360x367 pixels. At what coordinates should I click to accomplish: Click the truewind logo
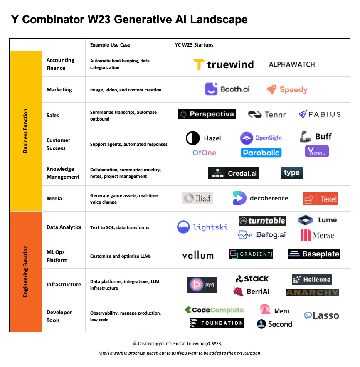224,64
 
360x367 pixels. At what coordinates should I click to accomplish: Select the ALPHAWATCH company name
292,64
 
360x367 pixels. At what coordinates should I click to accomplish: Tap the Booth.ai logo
227,89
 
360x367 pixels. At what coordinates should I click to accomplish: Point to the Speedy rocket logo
287,89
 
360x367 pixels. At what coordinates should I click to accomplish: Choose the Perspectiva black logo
207,114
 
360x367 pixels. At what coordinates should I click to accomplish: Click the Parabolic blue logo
261,153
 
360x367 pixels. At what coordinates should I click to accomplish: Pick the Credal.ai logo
234,173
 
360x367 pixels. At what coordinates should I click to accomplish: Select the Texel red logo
320,199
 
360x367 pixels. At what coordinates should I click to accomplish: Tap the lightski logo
202,227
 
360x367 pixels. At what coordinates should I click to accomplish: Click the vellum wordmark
198,255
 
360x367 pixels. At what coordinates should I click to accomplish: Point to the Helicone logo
312,279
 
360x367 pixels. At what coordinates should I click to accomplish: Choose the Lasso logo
321,315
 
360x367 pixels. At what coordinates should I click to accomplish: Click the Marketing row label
59,90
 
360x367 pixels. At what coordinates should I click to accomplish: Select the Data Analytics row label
64,227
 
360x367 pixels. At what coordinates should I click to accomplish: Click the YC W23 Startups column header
194,45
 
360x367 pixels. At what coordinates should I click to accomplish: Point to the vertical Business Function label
25,131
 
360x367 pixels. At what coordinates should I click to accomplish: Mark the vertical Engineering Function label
25,271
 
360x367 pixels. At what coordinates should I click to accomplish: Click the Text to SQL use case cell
119,227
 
